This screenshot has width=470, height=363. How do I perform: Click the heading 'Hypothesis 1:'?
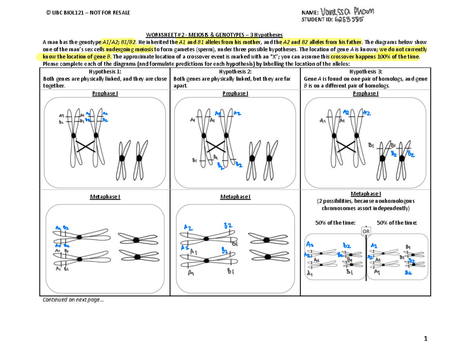[x=105, y=72]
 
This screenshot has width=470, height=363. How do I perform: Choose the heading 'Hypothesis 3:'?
[x=365, y=72]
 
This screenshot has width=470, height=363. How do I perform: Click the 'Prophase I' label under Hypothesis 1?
[x=105, y=93]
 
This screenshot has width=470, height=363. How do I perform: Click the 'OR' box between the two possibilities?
[x=366, y=231]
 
